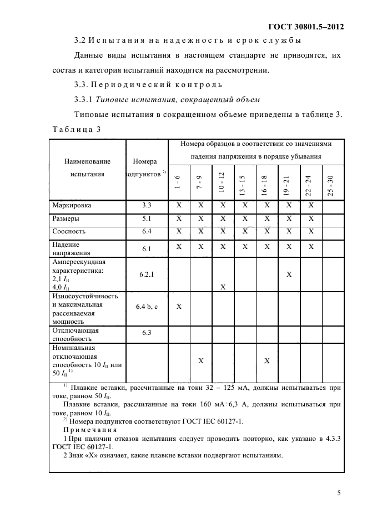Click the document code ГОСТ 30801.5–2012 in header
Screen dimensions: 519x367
point(305,26)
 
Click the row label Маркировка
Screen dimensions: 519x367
point(72,205)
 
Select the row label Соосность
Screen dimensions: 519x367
point(69,231)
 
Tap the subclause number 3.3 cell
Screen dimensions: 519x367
point(147,205)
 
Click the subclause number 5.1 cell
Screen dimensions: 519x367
point(147,218)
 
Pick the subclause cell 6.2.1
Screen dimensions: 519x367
point(147,274)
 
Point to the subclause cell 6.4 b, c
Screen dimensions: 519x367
point(147,306)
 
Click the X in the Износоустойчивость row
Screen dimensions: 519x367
point(179,306)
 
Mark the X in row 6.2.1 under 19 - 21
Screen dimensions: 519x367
point(289,274)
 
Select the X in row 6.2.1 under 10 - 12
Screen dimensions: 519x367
point(223,287)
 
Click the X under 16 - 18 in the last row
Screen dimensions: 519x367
point(267,360)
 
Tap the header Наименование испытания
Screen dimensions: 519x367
point(87,167)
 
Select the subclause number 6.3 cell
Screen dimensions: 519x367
point(147,333)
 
